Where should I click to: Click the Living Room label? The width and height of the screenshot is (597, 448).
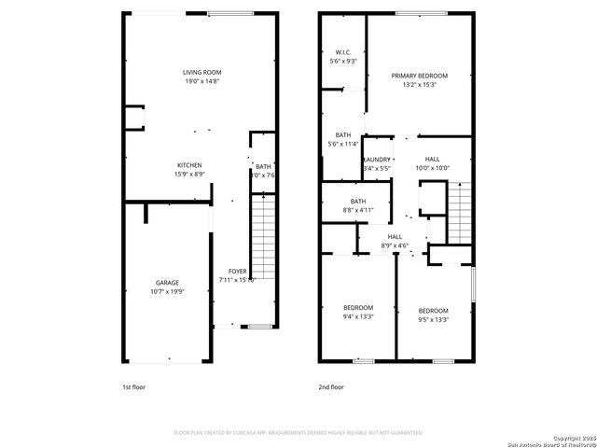[x=201, y=72]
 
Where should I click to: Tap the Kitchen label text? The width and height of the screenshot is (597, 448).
[x=190, y=164]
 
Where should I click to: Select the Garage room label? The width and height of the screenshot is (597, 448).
[x=167, y=282]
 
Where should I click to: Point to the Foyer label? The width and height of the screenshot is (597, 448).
[x=238, y=271]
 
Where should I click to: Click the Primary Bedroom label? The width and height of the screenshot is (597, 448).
[x=419, y=76]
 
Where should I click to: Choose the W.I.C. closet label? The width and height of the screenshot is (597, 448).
[x=343, y=52]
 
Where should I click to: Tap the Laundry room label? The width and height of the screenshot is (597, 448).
[x=376, y=160]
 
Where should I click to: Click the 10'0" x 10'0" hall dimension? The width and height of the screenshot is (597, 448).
[x=432, y=169]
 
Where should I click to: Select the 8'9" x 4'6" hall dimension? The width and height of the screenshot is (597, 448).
[x=396, y=246]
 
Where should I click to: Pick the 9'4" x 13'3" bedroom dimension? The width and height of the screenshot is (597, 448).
[x=357, y=317]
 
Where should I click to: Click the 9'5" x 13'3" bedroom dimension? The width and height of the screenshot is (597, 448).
[x=433, y=320]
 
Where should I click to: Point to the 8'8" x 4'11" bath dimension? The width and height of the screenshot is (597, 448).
[x=358, y=211]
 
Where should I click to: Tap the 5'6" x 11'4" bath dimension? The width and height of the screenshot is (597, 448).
[x=343, y=145]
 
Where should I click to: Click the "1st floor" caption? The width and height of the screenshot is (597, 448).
[x=133, y=386]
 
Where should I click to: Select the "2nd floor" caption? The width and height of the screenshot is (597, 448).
[x=332, y=386]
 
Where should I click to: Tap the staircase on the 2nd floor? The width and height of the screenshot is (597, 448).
[x=461, y=212]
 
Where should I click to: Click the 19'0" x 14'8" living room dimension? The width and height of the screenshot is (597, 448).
[x=201, y=81]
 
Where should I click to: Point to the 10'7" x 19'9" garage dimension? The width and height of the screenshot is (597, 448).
[x=167, y=291]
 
